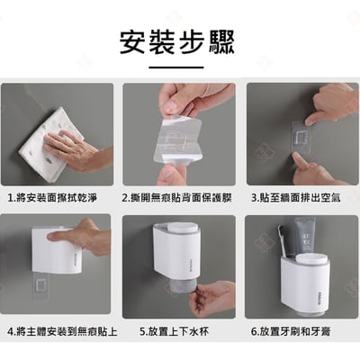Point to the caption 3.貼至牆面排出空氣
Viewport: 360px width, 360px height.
(x=301, y=196)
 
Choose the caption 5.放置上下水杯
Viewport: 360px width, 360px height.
(x=175, y=330)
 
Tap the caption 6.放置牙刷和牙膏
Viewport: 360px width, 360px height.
(x=301, y=330)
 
